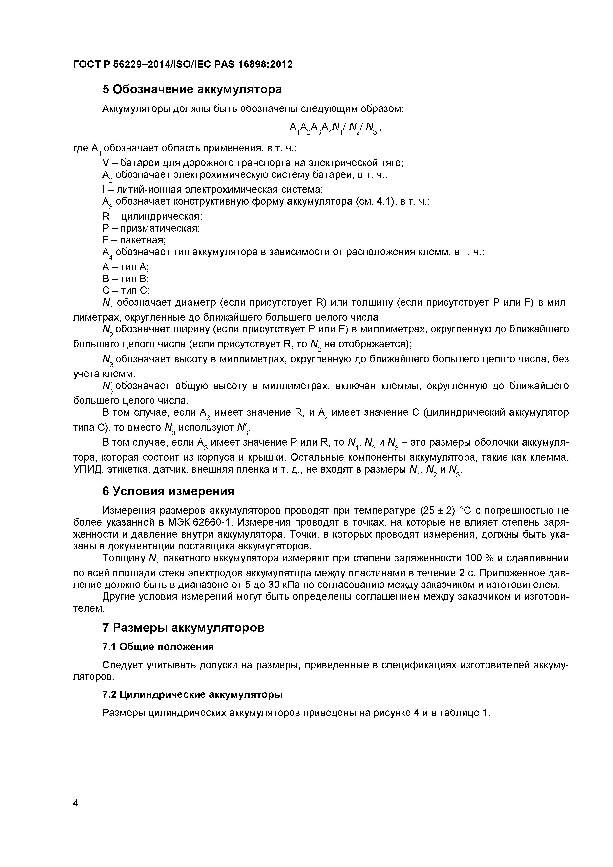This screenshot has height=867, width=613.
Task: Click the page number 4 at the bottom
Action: tap(76, 813)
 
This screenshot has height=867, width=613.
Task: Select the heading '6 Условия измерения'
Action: tap(168, 491)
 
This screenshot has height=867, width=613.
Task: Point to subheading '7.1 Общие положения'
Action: tap(158, 647)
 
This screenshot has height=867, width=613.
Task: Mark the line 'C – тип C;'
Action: tap(126, 290)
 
